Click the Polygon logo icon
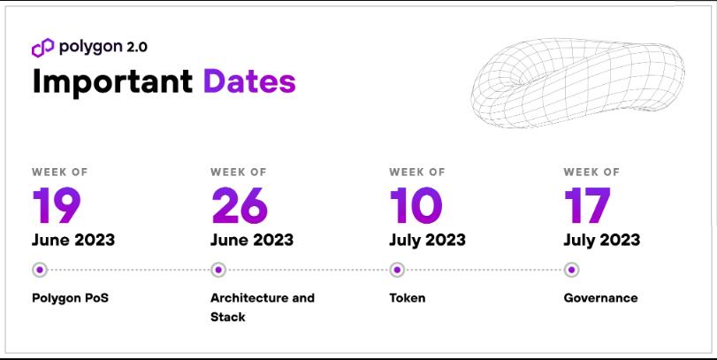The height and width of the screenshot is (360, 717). coord(43,48)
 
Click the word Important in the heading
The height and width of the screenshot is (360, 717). coord(112,81)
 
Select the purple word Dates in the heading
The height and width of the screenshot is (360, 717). coord(249,81)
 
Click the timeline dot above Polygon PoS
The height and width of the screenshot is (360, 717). coord(39,270)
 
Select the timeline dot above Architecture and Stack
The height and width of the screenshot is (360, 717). coord(218,270)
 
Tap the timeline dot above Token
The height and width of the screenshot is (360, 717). coord(397,270)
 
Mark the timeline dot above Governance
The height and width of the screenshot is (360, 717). coord(571,270)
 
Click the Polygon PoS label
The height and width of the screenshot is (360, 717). coord(70,298)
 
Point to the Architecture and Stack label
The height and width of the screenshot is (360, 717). coord(262,306)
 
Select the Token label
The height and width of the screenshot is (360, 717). coord(407,298)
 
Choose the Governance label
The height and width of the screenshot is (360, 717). coord(600,298)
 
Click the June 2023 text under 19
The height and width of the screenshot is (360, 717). coord(73,240)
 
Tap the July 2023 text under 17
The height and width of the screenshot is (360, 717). coord(602,240)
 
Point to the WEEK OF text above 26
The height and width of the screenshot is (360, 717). coord(239,172)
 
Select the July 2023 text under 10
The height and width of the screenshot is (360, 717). coord(427,240)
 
